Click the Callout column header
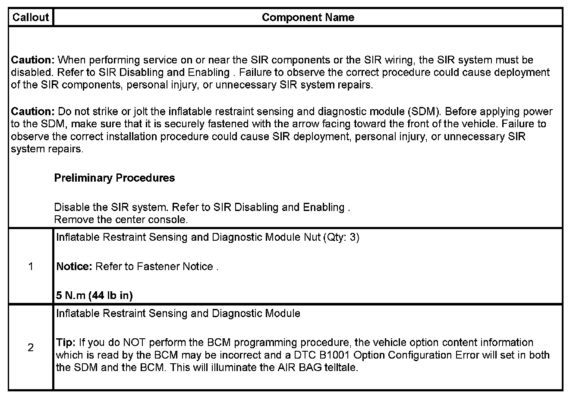tap(31, 17)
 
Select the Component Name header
tap(308, 17)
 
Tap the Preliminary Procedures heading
tap(114, 178)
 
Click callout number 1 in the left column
tap(31, 266)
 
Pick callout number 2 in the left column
tap(31, 347)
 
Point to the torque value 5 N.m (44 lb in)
tap(94, 296)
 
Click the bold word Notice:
tap(74, 267)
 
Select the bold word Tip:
tap(66, 343)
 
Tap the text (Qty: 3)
tap(341, 237)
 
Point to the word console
tap(173, 220)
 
